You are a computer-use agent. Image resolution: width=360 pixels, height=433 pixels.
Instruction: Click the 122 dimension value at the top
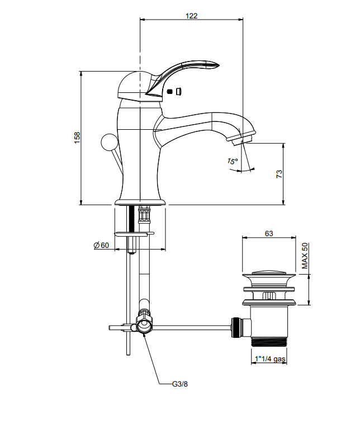tap(191, 16)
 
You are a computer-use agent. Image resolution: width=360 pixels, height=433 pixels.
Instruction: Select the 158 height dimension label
tap(77, 138)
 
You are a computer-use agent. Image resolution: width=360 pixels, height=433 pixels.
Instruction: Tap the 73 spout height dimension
tap(279, 174)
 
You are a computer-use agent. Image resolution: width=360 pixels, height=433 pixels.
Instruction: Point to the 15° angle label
tap(233, 161)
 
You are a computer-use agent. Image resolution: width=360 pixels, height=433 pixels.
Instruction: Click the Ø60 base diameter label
tap(101, 245)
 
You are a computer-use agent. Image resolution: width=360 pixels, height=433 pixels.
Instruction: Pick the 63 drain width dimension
tap(269, 233)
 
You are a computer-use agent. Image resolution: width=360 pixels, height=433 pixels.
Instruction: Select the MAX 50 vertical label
tap(305, 256)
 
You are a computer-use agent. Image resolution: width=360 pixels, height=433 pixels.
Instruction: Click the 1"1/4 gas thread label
tap(270, 359)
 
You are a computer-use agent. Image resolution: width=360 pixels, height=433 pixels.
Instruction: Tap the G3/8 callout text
tap(180, 384)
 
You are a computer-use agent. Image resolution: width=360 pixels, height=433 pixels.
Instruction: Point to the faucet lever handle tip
tap(215, 65)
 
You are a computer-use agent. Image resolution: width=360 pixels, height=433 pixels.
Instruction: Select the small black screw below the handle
tap(170, 91)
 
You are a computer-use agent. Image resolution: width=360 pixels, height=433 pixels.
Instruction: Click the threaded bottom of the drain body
tap(269, 342)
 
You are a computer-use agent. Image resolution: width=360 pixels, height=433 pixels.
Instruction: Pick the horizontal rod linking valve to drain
tap(191, 327)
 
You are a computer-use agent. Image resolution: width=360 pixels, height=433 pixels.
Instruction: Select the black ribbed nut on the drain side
tap(235, 327)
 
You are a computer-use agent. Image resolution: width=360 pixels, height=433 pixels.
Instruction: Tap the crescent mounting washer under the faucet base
tap(134, 234)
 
